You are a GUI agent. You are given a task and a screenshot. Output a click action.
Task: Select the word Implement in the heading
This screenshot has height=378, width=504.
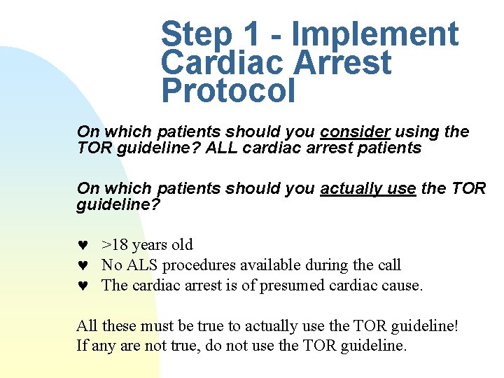[x=375, y=35]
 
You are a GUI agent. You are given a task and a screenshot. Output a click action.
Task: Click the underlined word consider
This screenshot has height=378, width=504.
[x=355, y=132]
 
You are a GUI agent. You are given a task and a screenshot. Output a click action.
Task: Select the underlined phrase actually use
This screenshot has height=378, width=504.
[x=368, y=189]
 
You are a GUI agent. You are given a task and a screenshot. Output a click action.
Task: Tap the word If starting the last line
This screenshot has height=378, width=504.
[x=81, y=346]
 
